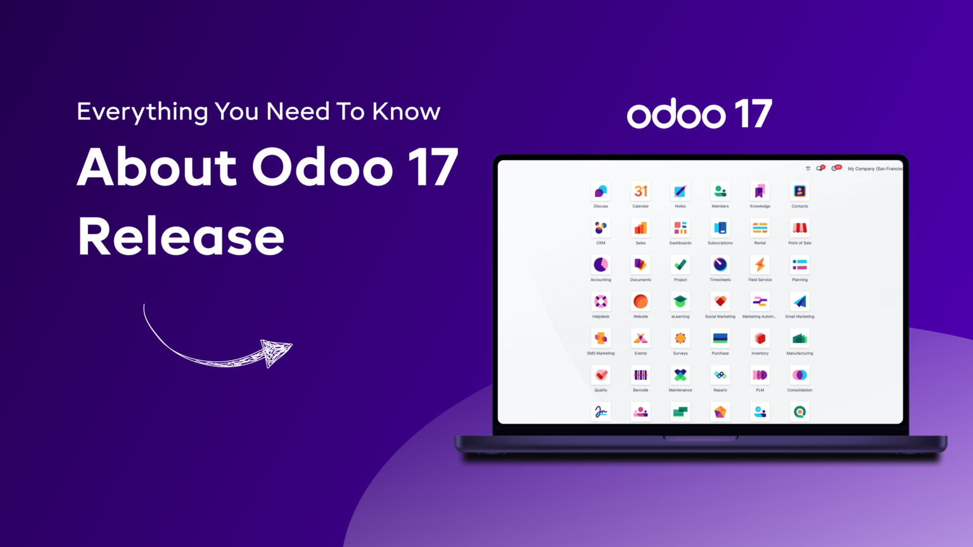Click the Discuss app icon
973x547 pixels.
(601, 191)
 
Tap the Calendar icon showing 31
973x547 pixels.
(640, 191)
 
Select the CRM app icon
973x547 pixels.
(601, 228)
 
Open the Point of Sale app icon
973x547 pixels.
(799, 228)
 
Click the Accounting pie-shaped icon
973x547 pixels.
(601, 265)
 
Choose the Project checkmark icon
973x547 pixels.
(680, 265)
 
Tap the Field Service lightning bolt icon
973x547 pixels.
(760, 265)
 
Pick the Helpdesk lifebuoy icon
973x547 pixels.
(601, 301)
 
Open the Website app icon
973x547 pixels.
(640, 301)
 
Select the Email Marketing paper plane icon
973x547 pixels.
(799, 301)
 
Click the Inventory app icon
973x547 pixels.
(760, 338)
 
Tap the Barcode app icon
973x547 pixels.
(640, 375)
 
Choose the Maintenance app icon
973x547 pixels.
(680, 375)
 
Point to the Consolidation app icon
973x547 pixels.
(799, 375)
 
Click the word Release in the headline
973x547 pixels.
(181, 237)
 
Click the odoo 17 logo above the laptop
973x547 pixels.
(699, 114)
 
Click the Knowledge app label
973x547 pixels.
(760, 206)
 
